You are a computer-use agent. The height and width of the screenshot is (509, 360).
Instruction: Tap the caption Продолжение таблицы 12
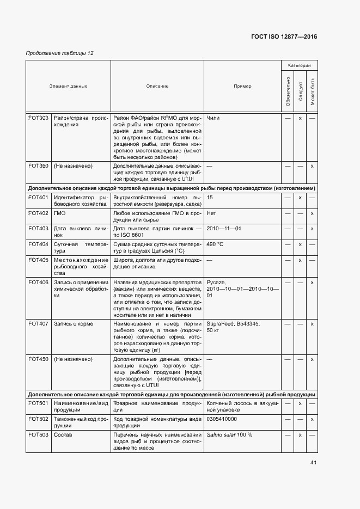tap(60, 53)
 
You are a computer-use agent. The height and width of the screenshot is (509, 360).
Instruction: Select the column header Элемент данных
tap(68, 86)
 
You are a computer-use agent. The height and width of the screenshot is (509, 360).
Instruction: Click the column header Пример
tap(242, 86)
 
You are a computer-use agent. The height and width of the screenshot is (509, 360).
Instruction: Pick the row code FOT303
tap(38, 118)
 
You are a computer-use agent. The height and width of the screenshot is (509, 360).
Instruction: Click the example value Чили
tap(213, 118)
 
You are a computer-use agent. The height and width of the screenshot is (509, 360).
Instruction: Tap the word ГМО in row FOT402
tap(60, 213)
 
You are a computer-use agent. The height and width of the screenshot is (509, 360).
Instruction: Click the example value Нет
tap(211, 213)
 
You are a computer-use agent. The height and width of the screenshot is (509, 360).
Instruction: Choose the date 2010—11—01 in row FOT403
tap(224, 229)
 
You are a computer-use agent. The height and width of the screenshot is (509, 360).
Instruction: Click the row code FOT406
tap(38, 282)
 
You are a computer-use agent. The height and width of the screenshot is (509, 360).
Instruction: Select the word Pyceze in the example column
tap(216, 282)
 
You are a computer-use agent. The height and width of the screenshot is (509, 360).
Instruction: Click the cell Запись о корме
tap(74, 324)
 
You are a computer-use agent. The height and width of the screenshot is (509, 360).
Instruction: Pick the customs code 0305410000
tap(222, 419)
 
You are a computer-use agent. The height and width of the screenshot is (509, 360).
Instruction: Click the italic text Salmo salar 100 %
tap(229, 435)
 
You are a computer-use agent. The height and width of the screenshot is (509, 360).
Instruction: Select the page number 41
tap(313, 463)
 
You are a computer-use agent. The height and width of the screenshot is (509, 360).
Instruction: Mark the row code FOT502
tap(38, 419)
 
